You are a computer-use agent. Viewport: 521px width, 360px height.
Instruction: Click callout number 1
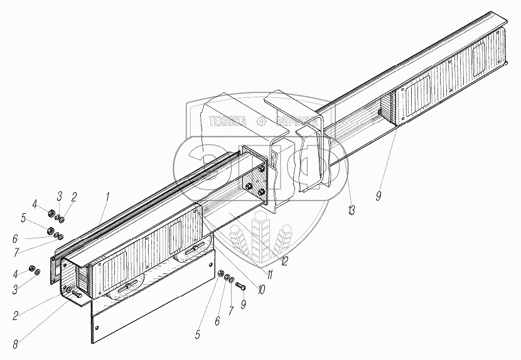point(107,197)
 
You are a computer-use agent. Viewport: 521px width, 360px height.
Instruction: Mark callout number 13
point(351,210)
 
